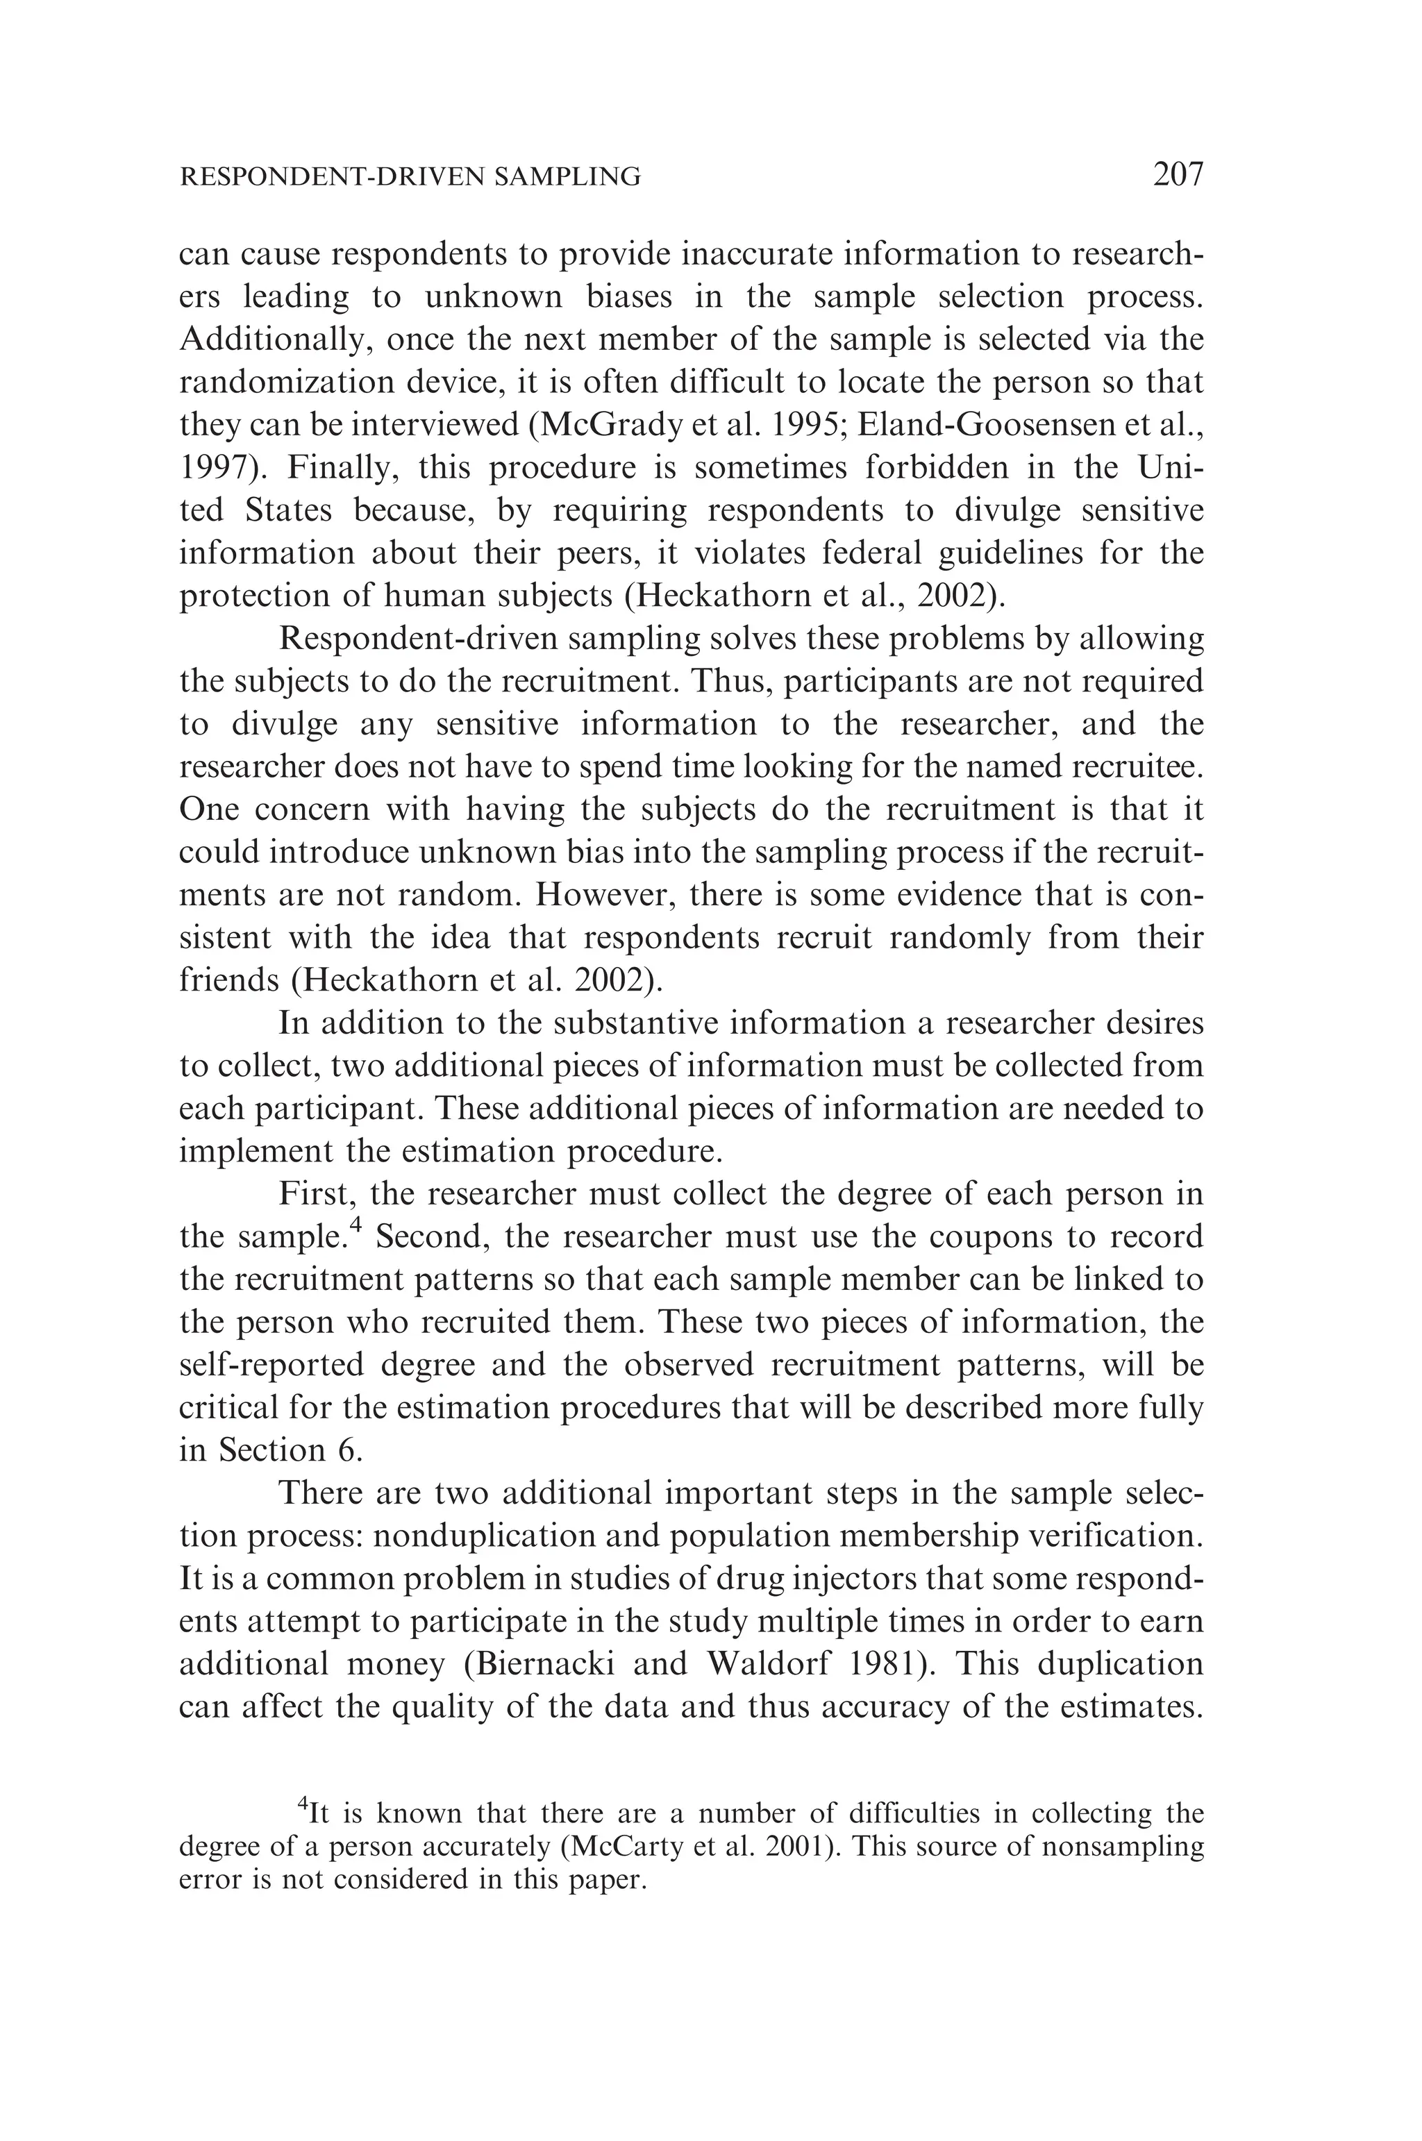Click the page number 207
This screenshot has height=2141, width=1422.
[1177, 173]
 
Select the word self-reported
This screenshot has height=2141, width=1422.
[272, 1365]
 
